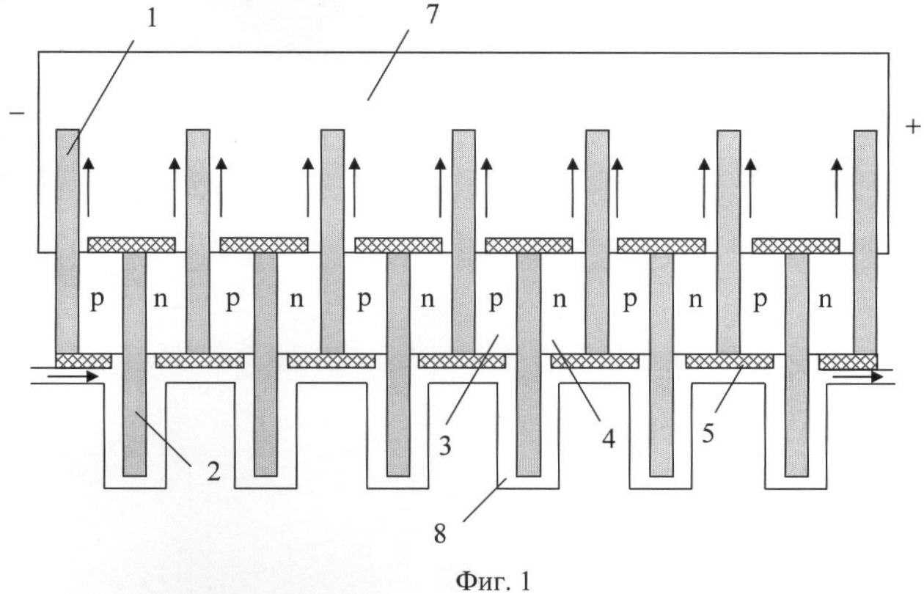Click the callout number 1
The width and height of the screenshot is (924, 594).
153,18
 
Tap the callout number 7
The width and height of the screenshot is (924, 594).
431,15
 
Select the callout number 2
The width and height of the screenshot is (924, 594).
213,472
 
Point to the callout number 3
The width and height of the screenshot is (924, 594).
444,446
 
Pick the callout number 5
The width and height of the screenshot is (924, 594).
708,434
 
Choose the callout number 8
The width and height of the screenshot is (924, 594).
440,534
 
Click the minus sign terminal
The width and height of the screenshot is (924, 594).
17,113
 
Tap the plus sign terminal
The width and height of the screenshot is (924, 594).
913,126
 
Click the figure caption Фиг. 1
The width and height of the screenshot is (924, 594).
493,582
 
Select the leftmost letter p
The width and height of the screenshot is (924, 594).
98,301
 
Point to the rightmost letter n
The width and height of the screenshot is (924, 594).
825,300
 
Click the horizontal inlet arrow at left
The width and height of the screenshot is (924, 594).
73,376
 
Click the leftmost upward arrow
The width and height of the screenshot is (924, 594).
88,187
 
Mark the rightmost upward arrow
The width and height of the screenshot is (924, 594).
837,188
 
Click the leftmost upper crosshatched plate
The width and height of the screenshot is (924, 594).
131,245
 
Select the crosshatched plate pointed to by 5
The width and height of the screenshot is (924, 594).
729,362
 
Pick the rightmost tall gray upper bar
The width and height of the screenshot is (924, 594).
865,242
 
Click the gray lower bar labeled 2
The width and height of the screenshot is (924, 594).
134,364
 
